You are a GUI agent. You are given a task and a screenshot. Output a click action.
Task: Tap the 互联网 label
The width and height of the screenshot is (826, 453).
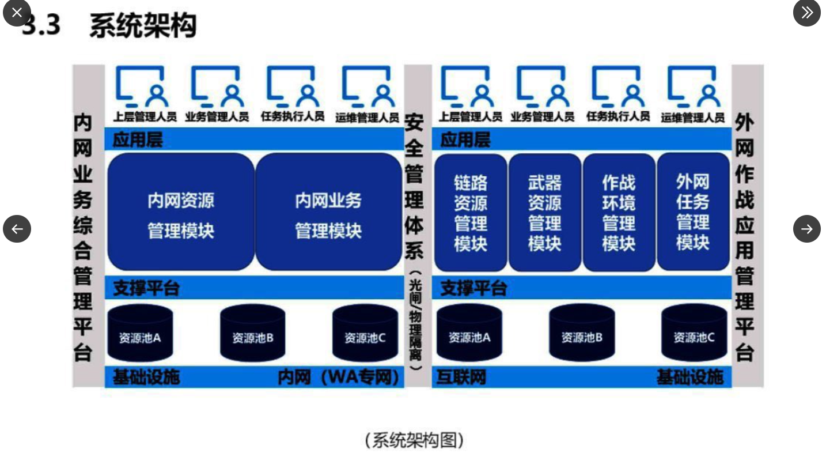point(461,377)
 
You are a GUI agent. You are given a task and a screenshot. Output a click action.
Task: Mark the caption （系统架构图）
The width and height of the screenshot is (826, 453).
point(414,440)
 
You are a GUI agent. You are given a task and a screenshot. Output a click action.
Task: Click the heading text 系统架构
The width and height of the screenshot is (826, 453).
point(143,25)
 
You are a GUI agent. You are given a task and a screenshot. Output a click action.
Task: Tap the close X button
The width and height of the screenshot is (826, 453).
point(17,12)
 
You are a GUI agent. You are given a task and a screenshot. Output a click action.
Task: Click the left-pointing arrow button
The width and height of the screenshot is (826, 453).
point(17,229)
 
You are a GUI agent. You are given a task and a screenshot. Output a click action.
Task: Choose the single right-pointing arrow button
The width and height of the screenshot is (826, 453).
point(806,229)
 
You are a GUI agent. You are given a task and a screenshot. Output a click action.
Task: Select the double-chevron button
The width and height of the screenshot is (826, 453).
point(806,12)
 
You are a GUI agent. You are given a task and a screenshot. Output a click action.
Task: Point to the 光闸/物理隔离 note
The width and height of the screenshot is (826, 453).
point(415,323)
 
